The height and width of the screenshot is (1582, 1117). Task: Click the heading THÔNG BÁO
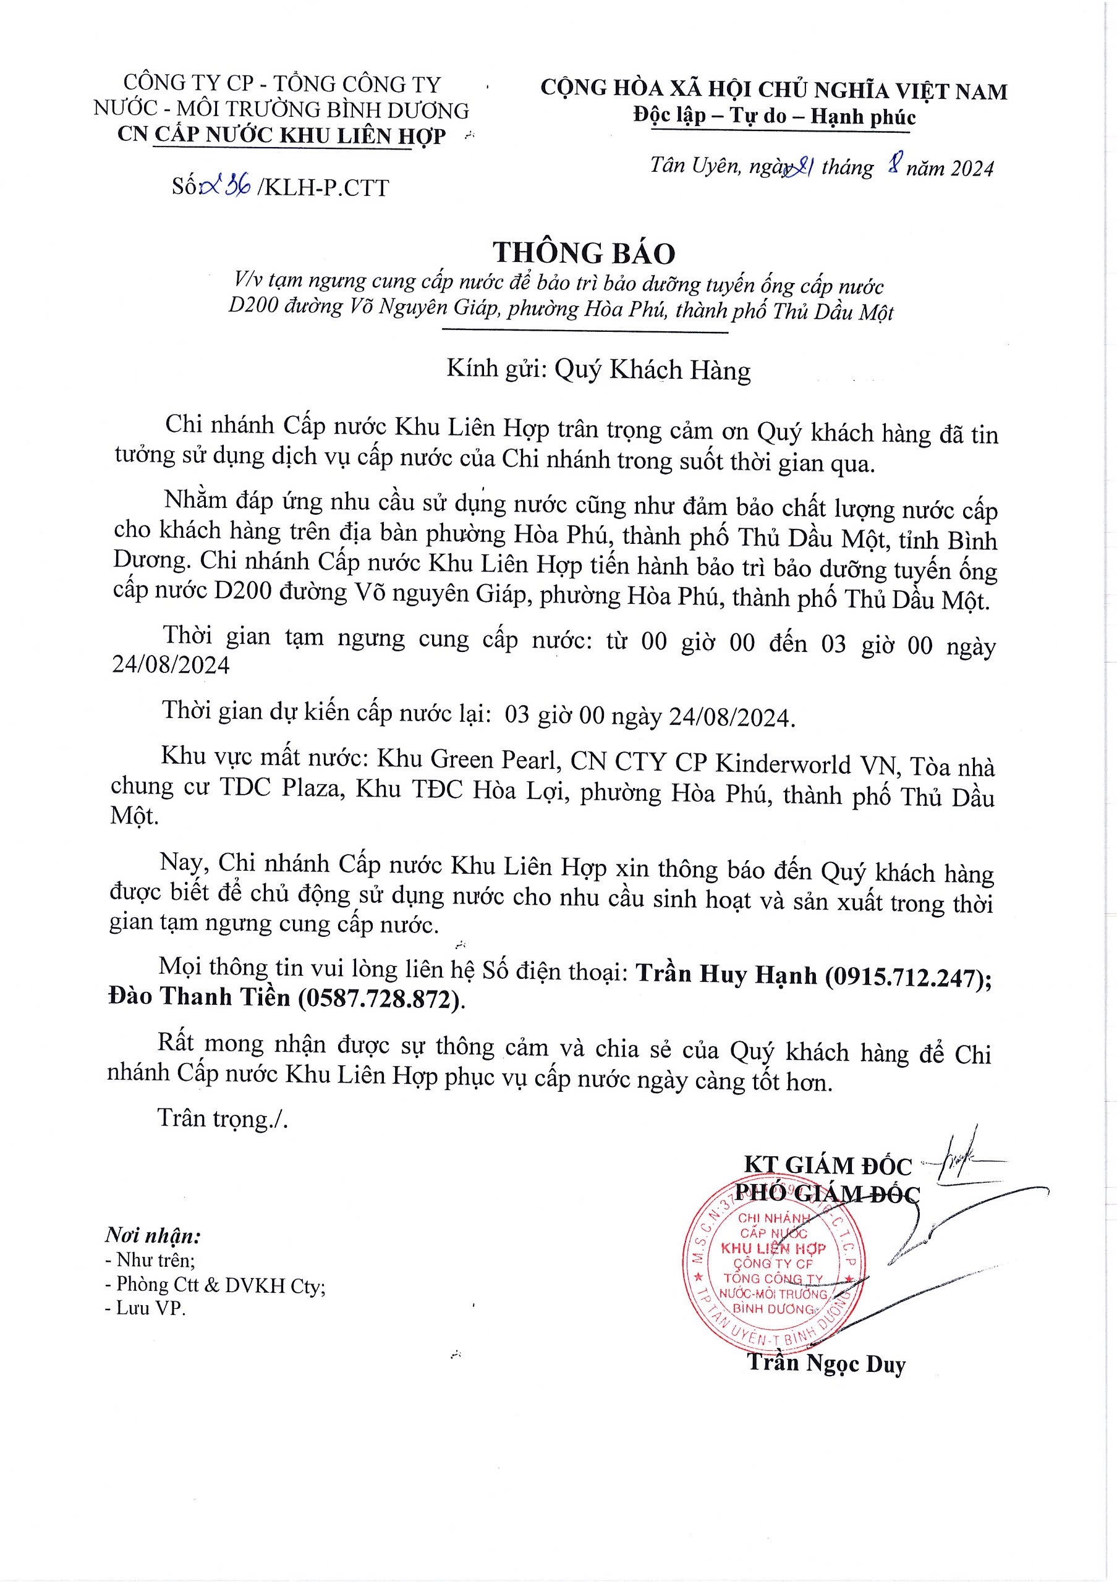584,253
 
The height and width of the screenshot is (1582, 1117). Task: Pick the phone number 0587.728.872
378,999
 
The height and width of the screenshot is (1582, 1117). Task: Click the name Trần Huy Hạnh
726,975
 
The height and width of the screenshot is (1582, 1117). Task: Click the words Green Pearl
468,760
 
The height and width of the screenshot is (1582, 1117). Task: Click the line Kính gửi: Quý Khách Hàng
598,370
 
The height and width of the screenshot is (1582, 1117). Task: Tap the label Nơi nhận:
152,1235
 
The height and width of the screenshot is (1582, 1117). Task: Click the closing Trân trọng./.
223,1118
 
